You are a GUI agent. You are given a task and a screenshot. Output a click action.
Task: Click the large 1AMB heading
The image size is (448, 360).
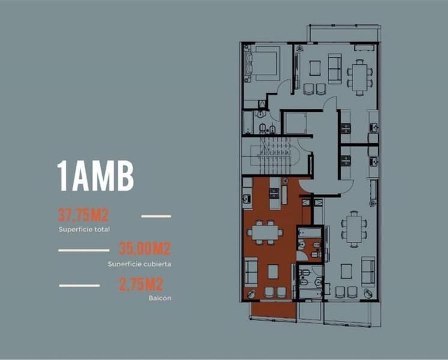point(95,176)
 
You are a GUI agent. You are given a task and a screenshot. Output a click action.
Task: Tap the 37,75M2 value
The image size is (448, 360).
point(83,215)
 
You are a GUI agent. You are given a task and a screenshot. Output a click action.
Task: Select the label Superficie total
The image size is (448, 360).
point(84,229)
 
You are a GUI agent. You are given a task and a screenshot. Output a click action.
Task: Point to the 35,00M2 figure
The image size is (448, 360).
point(145,248)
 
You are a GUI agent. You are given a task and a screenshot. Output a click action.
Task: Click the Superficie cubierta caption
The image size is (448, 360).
point(139,264)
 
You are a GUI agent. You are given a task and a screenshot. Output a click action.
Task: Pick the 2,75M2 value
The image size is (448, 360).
point(141,284)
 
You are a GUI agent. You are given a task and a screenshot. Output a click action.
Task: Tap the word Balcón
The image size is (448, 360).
point(160,298)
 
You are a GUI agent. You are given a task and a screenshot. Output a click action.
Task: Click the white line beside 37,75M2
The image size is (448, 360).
point(156,217)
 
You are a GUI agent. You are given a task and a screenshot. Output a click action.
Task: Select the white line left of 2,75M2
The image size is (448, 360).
point(79,286)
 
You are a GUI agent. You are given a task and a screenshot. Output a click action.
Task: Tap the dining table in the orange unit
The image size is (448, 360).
point(265,232)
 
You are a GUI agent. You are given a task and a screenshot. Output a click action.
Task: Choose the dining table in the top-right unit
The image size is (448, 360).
point(360,77)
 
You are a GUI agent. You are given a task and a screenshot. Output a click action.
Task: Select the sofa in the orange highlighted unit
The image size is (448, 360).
point(251,272)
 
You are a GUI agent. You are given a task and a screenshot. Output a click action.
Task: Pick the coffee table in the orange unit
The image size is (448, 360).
point(273,272)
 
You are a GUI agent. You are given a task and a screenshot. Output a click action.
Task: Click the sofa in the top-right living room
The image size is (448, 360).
point(334,69)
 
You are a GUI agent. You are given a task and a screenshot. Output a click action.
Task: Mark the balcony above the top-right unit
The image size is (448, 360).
point(344,34)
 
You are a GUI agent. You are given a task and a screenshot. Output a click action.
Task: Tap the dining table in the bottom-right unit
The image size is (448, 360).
point(354,229)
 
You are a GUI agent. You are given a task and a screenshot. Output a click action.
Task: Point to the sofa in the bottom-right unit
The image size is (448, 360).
point(368,272)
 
